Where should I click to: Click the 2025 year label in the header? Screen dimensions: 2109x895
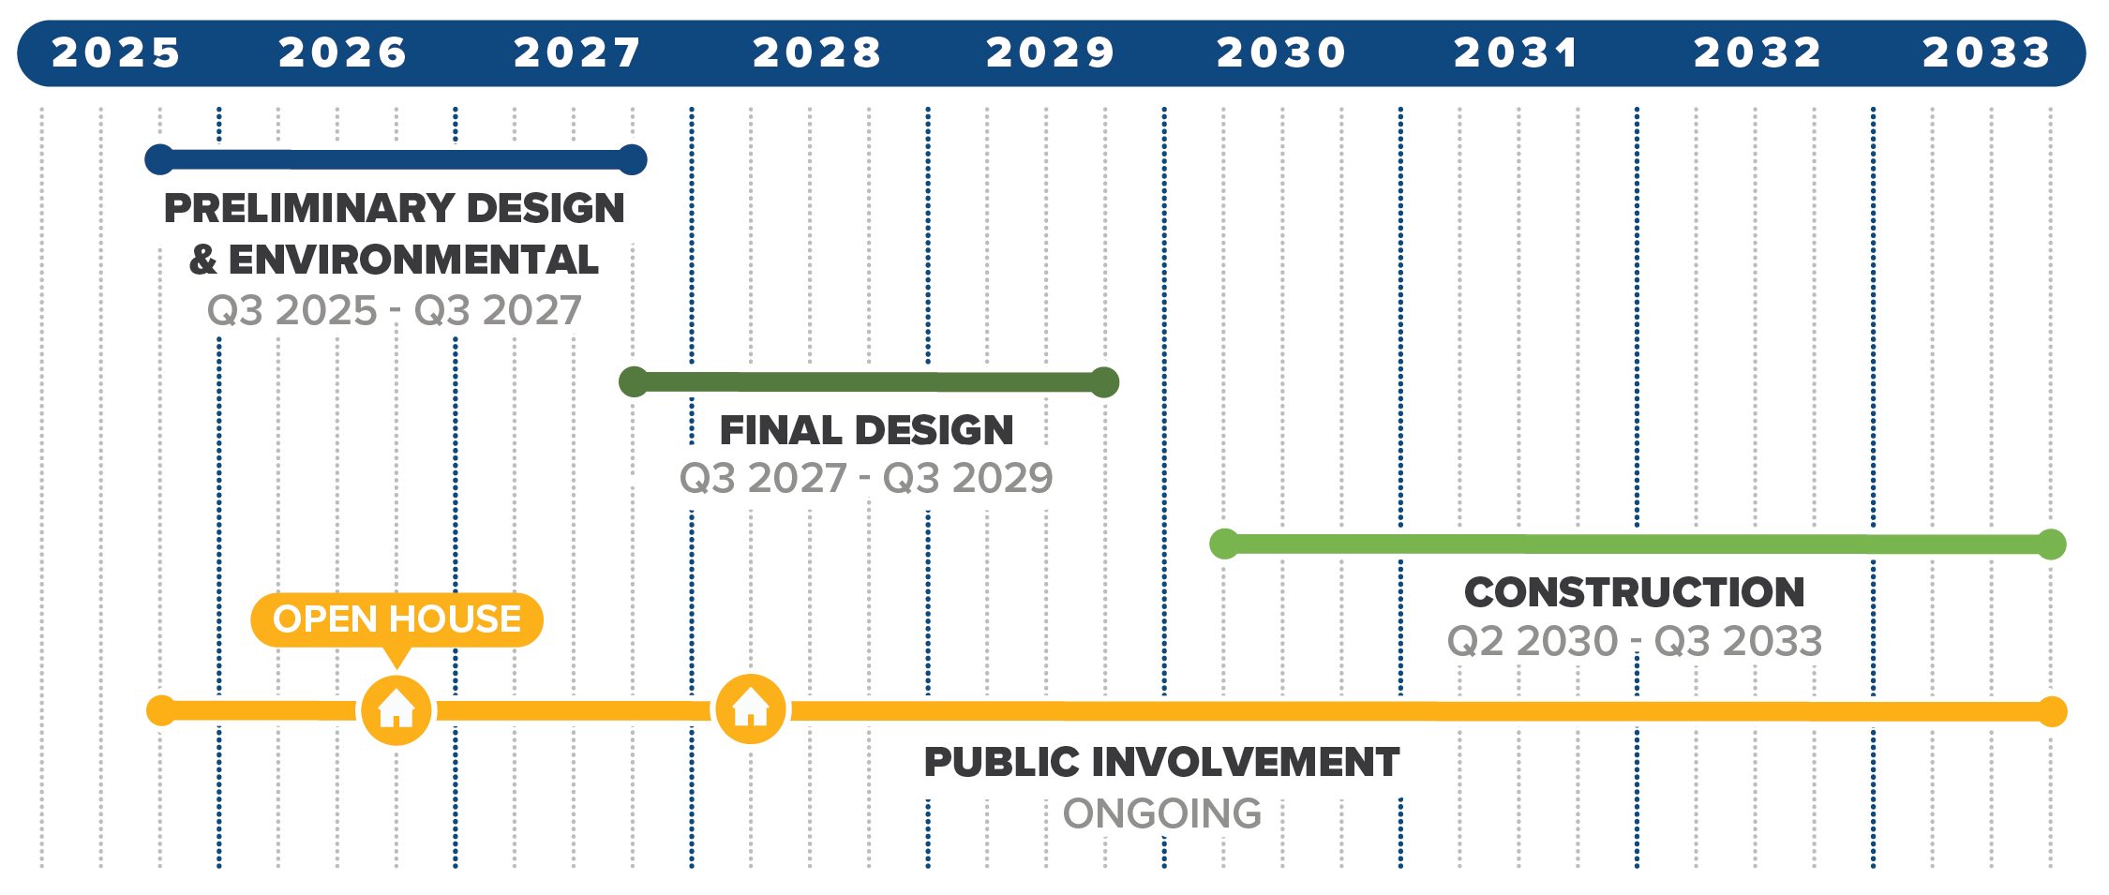[115, 52]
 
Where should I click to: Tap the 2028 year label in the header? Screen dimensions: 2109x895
[817, 52]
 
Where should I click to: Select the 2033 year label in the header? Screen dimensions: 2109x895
[1987, 52]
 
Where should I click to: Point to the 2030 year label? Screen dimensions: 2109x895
[1281, 52]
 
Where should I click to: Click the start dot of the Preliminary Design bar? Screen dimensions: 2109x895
[160, 159]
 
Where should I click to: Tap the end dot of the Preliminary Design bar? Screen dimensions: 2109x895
[633, 159]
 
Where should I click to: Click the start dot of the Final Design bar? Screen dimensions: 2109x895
[634, 381]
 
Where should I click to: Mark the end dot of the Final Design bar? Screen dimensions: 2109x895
[1105, 382]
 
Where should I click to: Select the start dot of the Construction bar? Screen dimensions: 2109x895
[1224, 544]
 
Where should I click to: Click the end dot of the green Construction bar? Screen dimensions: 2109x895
[2052, 544]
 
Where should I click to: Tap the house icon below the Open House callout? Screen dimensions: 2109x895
[396, 709]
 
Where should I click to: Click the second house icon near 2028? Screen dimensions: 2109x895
[751, 709]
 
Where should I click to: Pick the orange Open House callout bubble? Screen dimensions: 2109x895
[396, 620]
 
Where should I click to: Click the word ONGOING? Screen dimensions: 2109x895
[1162, 813]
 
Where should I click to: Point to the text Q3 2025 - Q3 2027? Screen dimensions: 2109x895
[395, 310]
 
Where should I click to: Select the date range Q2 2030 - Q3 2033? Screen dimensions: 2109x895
[1635, 641]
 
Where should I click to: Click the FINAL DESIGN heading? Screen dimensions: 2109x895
[867, 430]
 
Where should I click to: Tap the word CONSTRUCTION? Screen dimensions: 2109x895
[1635, 592]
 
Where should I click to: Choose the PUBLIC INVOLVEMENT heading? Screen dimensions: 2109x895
[1162, 762]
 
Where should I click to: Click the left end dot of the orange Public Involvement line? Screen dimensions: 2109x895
[161, 710]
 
